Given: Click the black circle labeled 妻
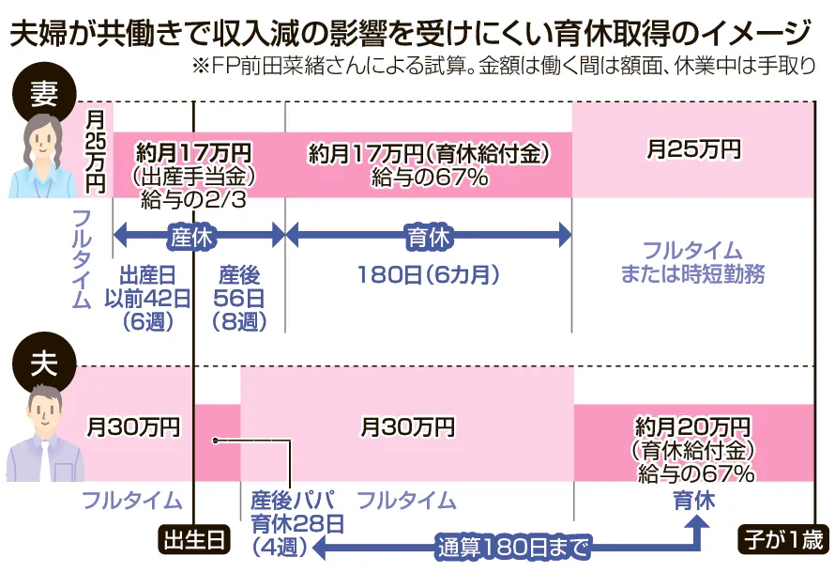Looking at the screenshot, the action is (44, 95).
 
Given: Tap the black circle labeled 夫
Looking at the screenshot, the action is (44, 364).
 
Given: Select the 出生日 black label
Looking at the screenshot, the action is (194, 540).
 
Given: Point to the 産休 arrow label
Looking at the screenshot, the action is (191, 236).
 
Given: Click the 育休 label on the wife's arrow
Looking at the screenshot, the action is (428, 236).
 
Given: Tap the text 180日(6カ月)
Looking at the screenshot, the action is (428, 275).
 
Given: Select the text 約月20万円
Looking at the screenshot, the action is (692, 426).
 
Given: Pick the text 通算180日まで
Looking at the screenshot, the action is (513, 548).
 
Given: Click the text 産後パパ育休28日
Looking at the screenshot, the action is (297, 512).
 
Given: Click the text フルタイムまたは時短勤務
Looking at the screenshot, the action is (692, 262).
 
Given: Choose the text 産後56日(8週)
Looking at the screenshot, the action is (239, 299).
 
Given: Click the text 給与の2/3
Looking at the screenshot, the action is (193, 200).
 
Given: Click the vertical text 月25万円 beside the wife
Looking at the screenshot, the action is (96, 151).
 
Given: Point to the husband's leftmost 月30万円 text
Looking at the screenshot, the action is (133, 426).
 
